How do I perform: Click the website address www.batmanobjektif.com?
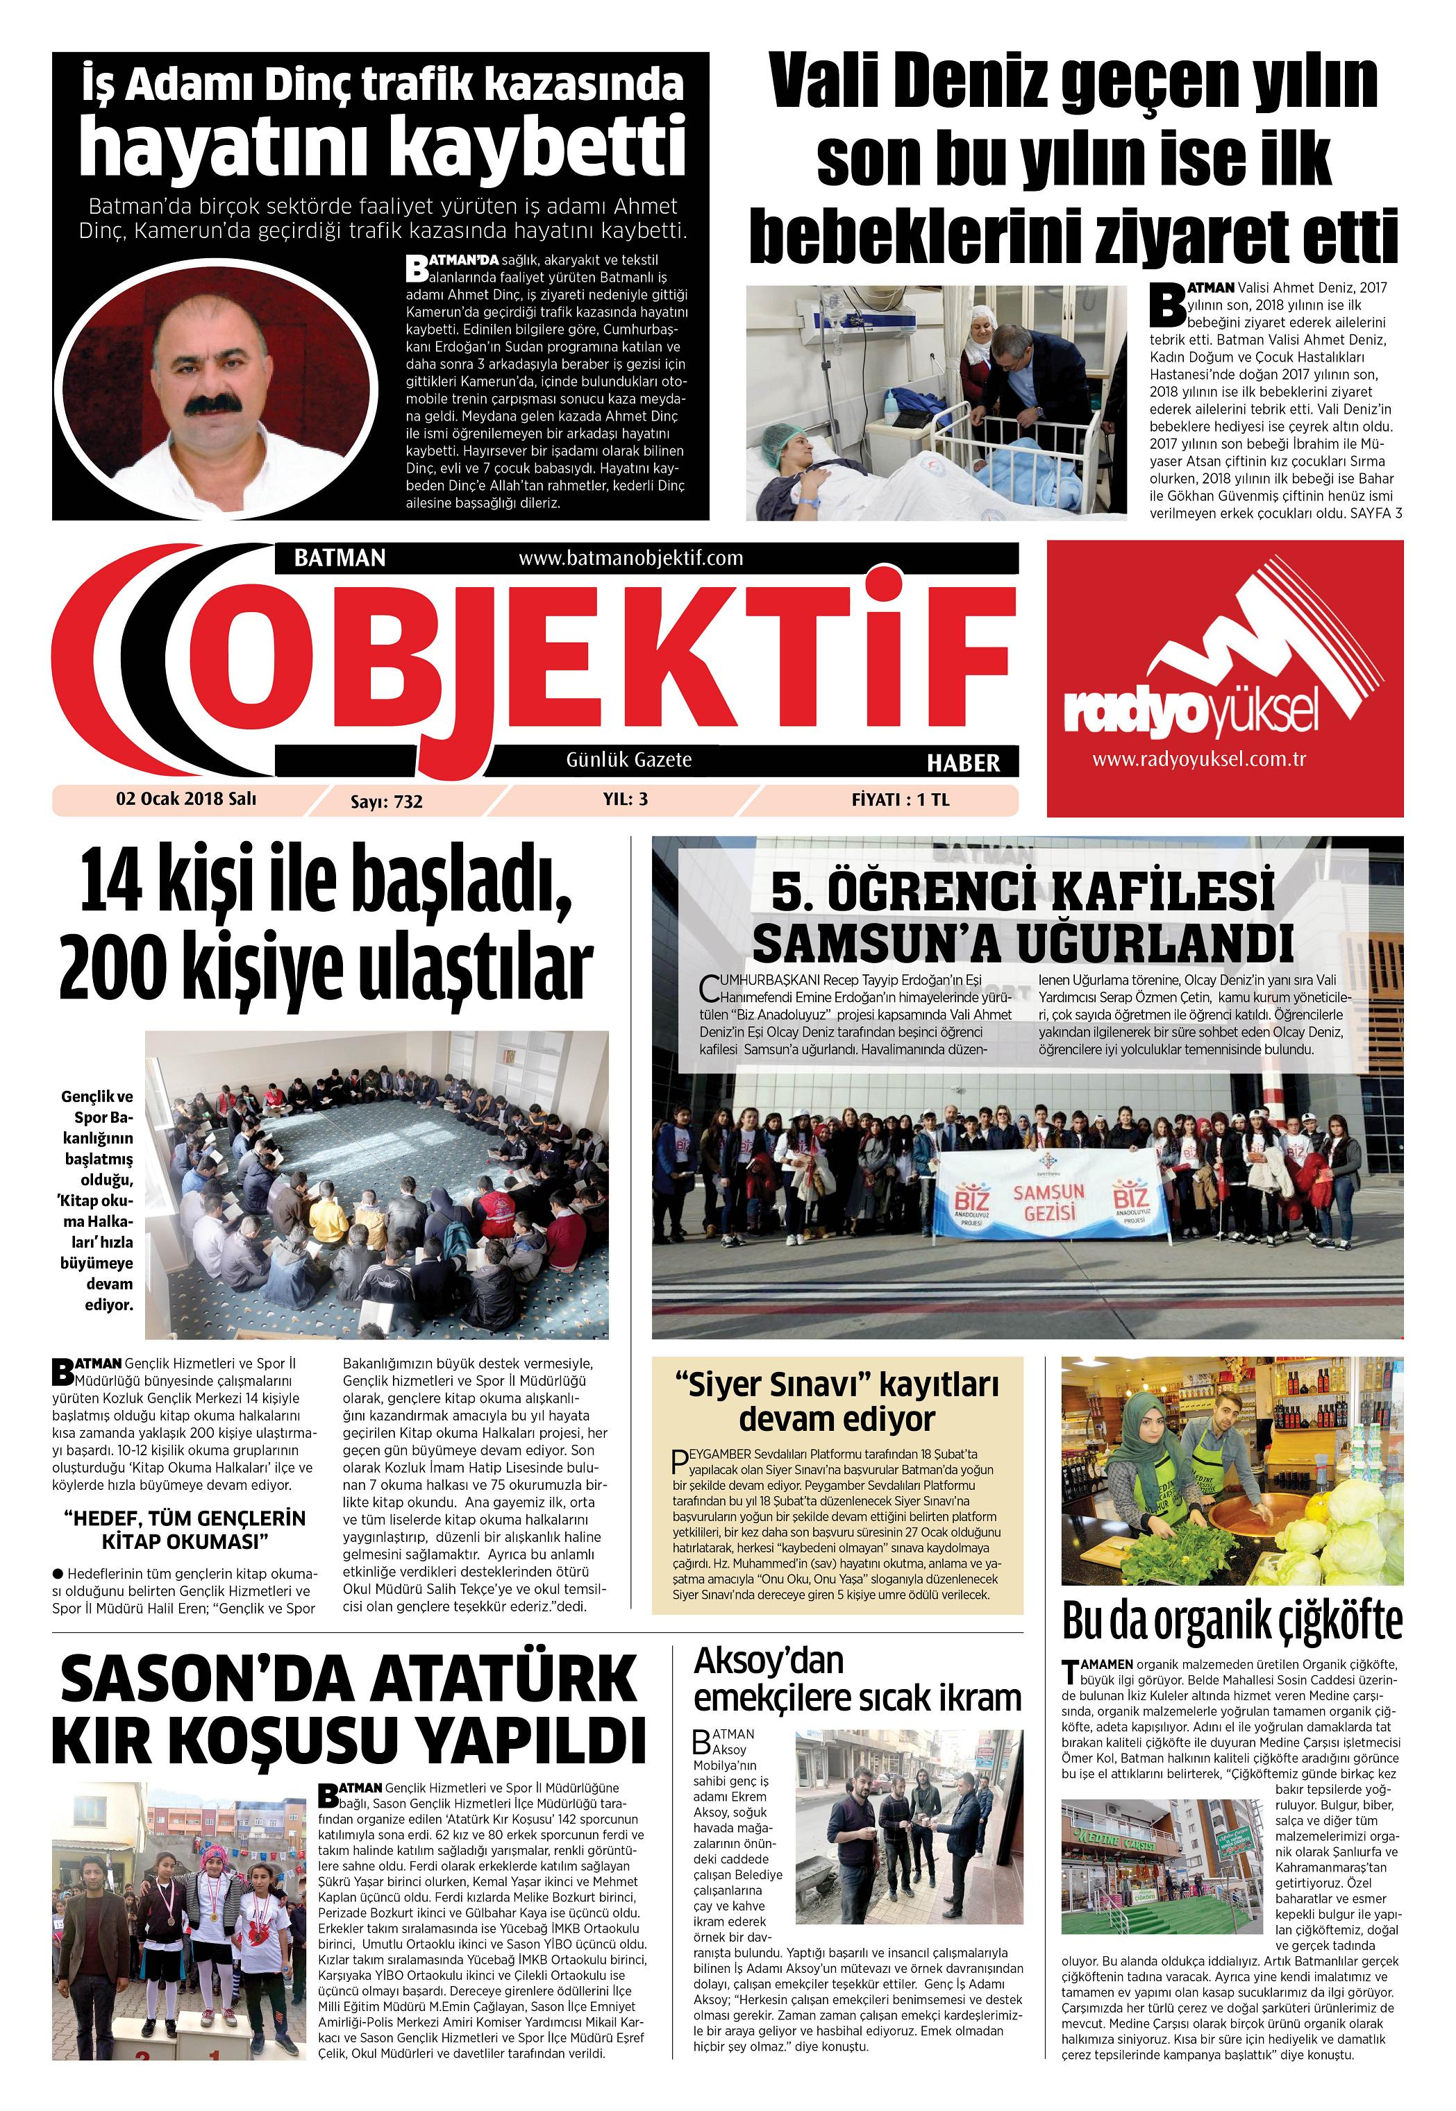pyautogui.click(x=630, y=557)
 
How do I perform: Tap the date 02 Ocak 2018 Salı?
pyautogui.click(x=186, y=799)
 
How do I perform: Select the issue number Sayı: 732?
pyautogui.click(x=387, y=802)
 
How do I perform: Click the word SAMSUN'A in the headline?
pyautogui.click(x=874, y=943)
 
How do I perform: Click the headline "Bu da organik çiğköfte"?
pyautogui.click(x=1232, y=1620)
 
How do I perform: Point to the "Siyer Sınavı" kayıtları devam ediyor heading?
pyautogui.click(x=837, y=1402)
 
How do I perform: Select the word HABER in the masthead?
pyautogui.click(x=963, y=763)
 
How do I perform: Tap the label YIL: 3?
pyautogui.click(x=625, y=799)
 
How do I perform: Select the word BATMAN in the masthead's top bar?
pyautogui.click(x=340, y=557)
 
